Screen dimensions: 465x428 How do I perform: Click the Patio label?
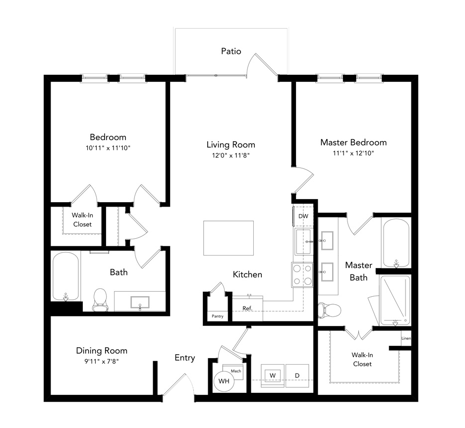(231, 52)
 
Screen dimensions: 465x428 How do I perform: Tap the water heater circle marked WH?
(224, 381)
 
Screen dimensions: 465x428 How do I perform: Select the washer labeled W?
(273, 376)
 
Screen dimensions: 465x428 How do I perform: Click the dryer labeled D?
(297, 376)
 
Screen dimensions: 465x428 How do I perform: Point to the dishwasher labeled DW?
(303, 216)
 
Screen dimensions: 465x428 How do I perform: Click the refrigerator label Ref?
(247, 308)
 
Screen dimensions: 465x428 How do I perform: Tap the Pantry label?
(217, 316)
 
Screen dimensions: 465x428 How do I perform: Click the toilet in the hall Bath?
(100, 300)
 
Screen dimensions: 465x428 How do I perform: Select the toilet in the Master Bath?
(330, 310)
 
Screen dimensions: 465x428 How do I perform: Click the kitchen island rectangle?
(229, 238)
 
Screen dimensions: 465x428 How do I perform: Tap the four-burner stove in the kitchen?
(302, 275)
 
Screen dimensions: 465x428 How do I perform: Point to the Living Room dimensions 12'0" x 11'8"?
(231, 156)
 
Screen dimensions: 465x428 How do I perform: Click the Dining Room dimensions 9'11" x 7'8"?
(102, 361)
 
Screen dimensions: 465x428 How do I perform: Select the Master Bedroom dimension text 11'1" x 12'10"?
(353, 153)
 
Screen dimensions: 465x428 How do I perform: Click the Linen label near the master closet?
(406, 338)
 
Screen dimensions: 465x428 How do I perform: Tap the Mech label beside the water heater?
(236, 371)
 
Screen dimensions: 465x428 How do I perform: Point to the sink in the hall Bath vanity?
(140, 302)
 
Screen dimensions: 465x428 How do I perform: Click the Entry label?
(185, 358)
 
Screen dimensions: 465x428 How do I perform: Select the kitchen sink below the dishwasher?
(303, 242)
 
